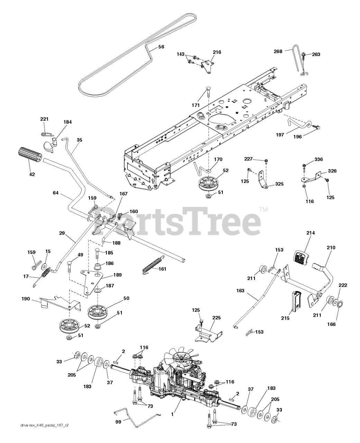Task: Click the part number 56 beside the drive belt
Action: click(x=161, y=47)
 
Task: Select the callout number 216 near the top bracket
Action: click(x=217, y=52)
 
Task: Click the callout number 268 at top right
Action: click(x=278, y=51)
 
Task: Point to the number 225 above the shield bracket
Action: click(x=216, y=318)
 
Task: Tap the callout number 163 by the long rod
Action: click(x=240, y=290)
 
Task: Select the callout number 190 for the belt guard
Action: click(x=26, y=299)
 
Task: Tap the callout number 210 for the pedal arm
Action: click(x=331, y=247)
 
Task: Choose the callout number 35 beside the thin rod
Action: click(x=80, y=140)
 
